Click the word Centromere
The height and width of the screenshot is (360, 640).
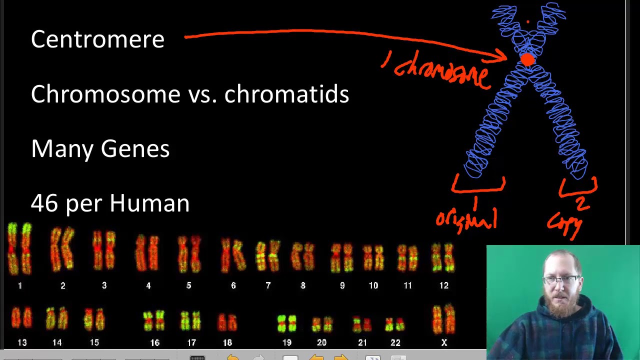tap(97, 39)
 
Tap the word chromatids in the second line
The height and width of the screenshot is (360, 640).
tap(286, 94)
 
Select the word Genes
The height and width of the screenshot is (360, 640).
tap(135, 149)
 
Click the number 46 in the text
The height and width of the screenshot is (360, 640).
tap(45, 203)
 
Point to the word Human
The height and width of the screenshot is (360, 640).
tap(149, 203)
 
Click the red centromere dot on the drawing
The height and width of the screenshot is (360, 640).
tap(527, 60)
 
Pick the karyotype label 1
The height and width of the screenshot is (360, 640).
tap(20, 285)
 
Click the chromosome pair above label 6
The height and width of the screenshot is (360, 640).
tap(233, 254)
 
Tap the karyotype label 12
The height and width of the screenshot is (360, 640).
tap(444, 285)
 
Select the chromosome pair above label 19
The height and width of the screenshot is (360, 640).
tap(286, 323)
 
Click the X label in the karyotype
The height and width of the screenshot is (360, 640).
tap(444, 342)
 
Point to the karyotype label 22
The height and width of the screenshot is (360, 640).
tap(395, 342)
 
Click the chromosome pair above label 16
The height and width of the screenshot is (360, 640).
tap(154, 320)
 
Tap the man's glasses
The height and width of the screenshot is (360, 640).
tap(562, 279)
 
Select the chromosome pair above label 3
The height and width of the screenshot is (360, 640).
tap(104, 250)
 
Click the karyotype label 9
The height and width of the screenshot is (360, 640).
tap(342, 285)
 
